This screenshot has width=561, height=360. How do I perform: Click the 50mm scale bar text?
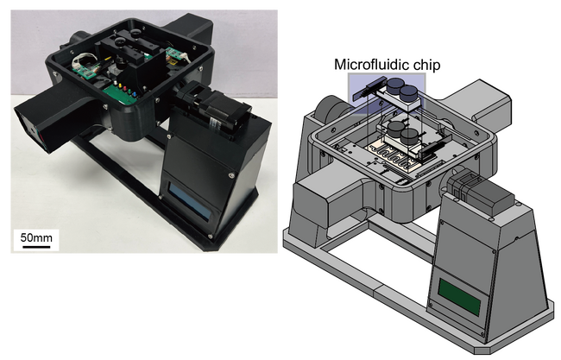(36, 237)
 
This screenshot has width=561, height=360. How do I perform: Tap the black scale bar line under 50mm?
(36, 246)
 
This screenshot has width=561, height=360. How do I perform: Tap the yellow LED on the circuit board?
(120, 85)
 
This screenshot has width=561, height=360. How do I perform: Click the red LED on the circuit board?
(125, 88)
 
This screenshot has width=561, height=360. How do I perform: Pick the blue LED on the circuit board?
(134, 94)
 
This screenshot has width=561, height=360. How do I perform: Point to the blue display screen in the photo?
(189, 201)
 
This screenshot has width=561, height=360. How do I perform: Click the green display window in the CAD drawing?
(459, 296)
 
